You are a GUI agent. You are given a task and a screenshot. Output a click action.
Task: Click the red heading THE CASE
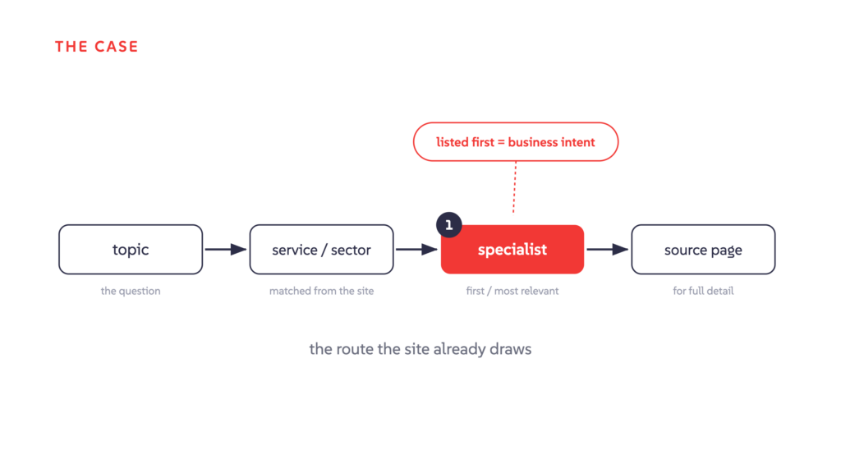pyautogui.click(x=97, y=47)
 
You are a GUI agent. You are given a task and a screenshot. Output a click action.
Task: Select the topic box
pyautogui.click(x=131, y=249)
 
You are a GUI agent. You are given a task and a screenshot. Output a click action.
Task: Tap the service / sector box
pyautogui.click(x=321, y=249)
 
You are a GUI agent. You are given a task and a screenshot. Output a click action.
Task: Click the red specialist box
pyautogui.click(x=512, y=249)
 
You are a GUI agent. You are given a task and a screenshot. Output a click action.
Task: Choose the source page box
pyautogui.click(x=703, y=249)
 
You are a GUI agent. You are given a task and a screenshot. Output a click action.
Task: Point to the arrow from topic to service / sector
pyautogui.click(x=226, y=249)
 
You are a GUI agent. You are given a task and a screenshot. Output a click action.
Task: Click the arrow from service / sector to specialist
pyautogui.click(x=416, y=249)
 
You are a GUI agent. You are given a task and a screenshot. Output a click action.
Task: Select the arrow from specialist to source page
pyautogui.click(x=608, y=249)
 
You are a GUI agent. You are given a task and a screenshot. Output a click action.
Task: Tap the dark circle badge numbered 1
pyautogui.click(x=449, y=225)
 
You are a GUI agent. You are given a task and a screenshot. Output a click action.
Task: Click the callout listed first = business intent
pyautogui.click(x=516, y=142)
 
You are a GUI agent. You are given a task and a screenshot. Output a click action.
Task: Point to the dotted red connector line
pyautogui.click(x=514, y=187)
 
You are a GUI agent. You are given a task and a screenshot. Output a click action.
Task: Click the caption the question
pyautogui.click(x=131, y=291)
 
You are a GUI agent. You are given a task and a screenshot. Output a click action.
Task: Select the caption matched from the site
pyautogui.click(x=321, y=291)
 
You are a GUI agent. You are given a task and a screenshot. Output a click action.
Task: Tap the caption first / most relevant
pyautogui.click(x=512, y=291)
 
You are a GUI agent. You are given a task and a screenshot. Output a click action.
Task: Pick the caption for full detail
pyautogui.click(x=703, y=291)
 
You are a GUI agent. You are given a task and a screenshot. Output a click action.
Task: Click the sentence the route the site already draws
pyautogui.click(x=420, y=349)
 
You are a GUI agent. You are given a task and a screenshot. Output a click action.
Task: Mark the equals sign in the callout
pyautogui.click(x=500, y=143)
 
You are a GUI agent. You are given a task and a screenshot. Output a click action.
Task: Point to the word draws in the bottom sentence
pyautogui.click(x=512, y=349)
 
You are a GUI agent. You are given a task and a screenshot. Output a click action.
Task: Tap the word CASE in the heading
pyautogui.click(x=117, y=47)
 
